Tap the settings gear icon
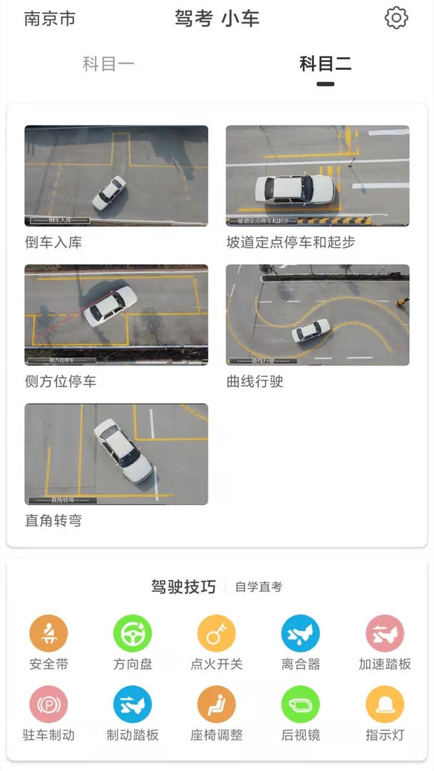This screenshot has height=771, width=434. click(396, 18)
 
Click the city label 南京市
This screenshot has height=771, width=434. click(49, 19)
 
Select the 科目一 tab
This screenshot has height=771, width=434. click(108, 64)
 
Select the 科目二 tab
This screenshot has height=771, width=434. click(325, 64)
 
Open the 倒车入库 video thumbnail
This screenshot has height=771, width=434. click(116, 176)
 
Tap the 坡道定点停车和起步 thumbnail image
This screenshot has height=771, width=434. click(318, 176)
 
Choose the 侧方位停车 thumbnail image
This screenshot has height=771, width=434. click(116, 315)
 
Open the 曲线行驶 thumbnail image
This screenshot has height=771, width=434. click(318, 315)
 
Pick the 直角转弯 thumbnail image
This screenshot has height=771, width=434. click(116, 454)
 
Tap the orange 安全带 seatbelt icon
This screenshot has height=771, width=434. click(49, 633)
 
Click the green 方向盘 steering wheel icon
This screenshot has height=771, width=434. click(133, 633)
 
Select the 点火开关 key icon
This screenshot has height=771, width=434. click(216, 633)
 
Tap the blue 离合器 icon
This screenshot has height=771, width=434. click(301, 633)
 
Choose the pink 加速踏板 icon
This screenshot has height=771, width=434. click(385, 633)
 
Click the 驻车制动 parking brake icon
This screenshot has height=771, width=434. click(49, 704)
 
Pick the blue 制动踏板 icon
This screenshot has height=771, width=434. click(133, 704)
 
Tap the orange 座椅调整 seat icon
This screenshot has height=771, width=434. click(216, 704)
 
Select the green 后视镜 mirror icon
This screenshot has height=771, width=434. click(301, 704)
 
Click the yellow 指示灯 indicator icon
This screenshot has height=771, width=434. click(385, 704)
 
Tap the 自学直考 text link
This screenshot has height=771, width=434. click(258, 587)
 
